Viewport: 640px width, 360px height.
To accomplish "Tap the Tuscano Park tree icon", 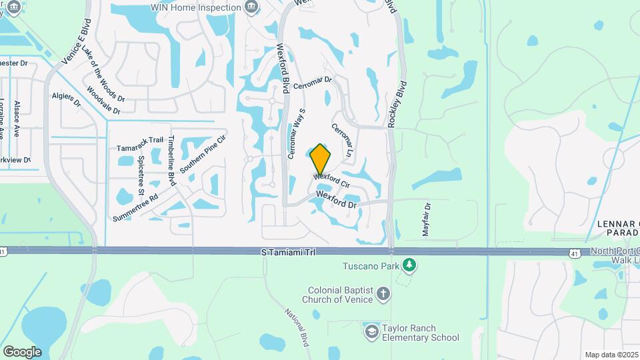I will tap(409, 266).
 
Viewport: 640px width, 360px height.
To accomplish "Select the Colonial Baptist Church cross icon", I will tap(383, 293).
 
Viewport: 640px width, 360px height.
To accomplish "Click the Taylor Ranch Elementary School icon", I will tap(371, 332).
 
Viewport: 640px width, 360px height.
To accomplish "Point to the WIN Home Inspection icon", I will tap(251, 7).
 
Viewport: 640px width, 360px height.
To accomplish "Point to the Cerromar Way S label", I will tap(297, 133).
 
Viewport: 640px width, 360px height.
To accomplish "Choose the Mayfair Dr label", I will tap(426, 219).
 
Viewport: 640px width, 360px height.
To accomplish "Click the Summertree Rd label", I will tap(135, 207).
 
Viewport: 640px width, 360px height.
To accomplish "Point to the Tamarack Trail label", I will tap(140, 140).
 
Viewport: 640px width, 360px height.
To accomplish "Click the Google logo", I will tap(22, 351).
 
